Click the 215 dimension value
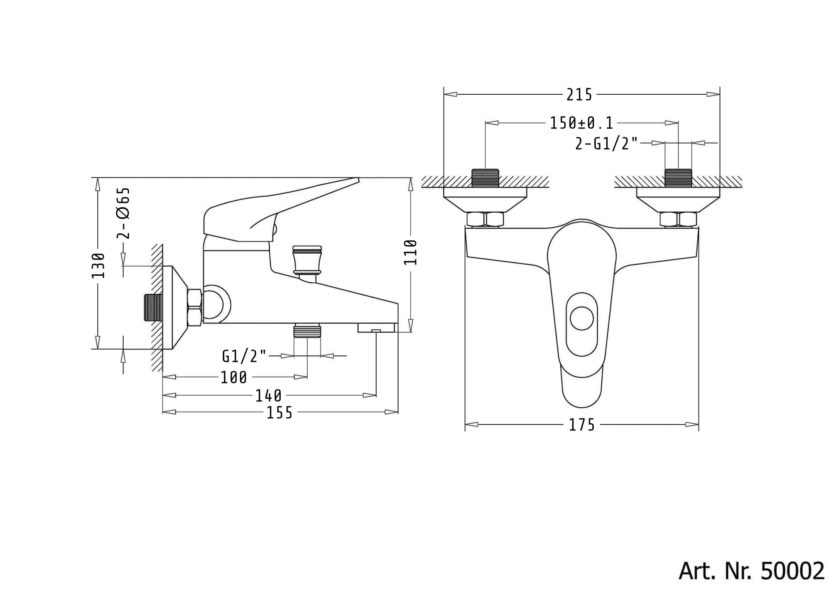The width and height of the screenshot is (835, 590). [579, 95]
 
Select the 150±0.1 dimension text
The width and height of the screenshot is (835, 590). [581, 123]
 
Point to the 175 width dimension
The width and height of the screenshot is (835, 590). [582, 424]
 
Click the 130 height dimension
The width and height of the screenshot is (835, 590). [98, 265]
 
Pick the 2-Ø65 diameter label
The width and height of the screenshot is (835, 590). [123, 213]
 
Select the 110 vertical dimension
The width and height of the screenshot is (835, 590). [411, 252]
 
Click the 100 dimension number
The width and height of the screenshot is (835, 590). [234, 377]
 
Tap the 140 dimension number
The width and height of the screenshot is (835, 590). [269, 395]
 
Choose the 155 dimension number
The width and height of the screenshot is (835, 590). [280, 412]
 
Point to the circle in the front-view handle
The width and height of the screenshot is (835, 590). [582, 319]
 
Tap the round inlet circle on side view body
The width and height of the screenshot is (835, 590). [217, 304]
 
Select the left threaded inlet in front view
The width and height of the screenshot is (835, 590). [485, 178]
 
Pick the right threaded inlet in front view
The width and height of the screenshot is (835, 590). [678, 178]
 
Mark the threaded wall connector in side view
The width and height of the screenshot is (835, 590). [154, 307]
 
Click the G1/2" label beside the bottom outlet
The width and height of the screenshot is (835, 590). [244, 356]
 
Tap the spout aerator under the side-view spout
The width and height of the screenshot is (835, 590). [376, 328]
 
